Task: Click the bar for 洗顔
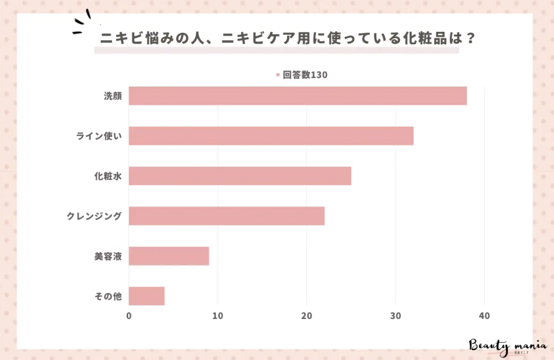point(297,96)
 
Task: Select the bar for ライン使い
point(271,136)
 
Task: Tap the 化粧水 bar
point(240,176)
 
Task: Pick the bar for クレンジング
point(226,216)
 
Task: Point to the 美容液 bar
point(169,256)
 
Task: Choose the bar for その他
point(146,296)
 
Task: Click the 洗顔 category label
point(112,96)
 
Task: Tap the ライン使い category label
point(99,136)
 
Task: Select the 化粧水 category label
point(108,177)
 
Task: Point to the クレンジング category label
point(94,216)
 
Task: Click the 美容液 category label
point(108,257)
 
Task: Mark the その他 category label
point(108,297)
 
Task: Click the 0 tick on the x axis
point(129,316)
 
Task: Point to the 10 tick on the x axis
point(218,316)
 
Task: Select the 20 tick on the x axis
point(307,316)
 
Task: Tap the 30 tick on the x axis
point(395,316)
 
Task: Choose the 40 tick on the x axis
point(484,316)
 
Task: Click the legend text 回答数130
point(305,75)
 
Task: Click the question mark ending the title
point(469,39)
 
